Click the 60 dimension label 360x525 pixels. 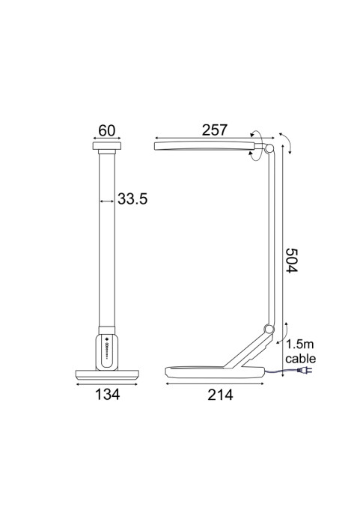pyautogui.click(x=107, y=130)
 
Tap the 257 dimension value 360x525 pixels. pyautogui.click(x=215, y=130)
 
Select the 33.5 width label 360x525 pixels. pyautogui.click(x=132, y=199)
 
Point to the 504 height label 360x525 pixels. pyautogui.click(x=291, y=260)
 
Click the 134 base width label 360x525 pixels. pyautogui.click(x=107, y=395)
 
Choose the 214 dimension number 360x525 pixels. pyautogui.click(x=220, y=395)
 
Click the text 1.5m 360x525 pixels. pyautogui.click(x=300, y=345)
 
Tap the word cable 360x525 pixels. pyautogui.click(x=300, y=359)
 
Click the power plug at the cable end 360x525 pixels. pyautogui.click(x=305, y=370)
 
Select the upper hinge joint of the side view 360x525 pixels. pyautogui.click(x=269, y=148)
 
